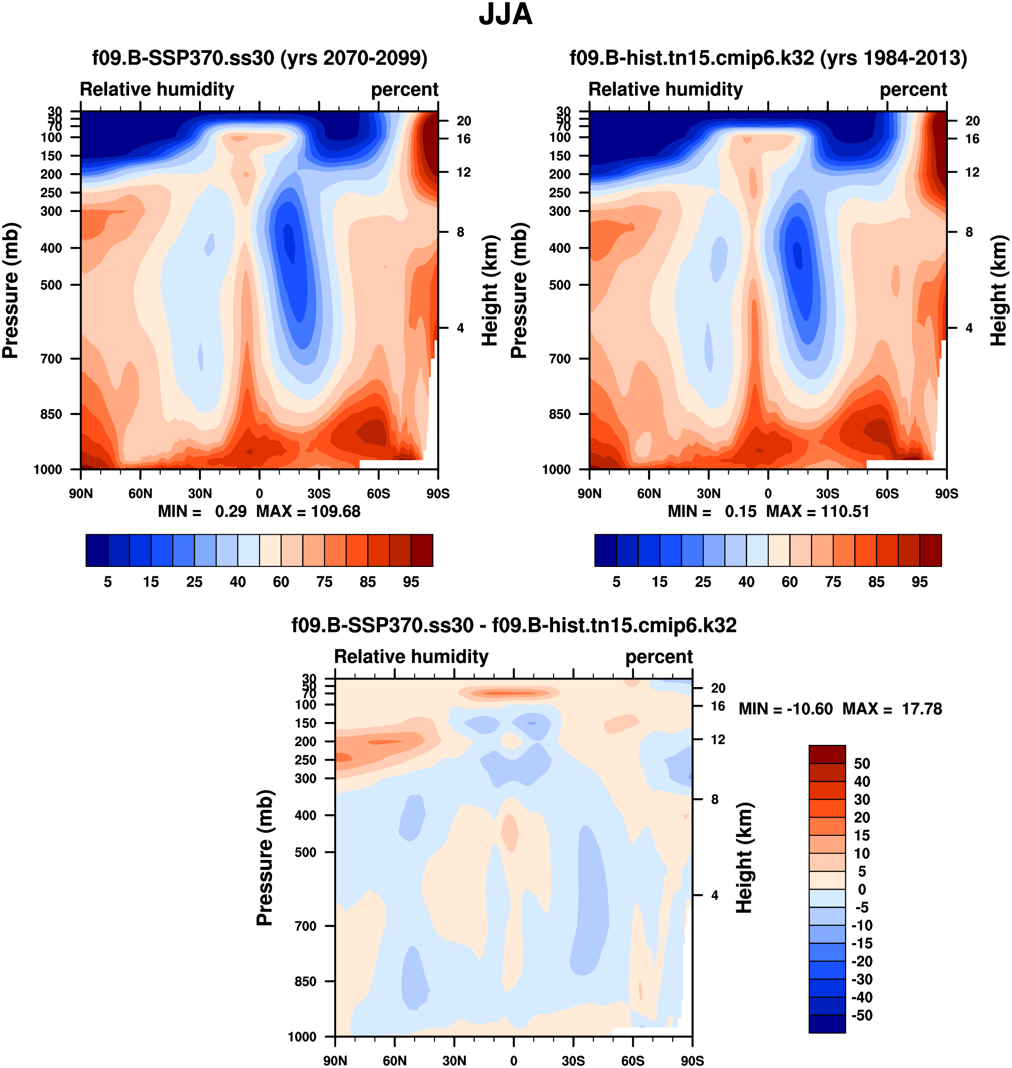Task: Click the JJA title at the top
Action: point(506,14)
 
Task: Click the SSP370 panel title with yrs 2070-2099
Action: point(259,58)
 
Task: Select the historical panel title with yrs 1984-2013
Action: point(768,58)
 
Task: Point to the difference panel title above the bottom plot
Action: point(514,625)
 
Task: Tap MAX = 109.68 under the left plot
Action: point(308,511)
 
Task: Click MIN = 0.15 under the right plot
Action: point(712,511)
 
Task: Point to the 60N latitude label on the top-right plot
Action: point(649,493)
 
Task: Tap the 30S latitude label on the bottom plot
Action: point(573,1061)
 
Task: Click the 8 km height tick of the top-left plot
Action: point(460,232)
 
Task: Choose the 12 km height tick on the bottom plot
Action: point(718,739)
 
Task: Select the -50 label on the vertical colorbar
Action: point(861,1016)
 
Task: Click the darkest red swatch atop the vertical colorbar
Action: point(827,754)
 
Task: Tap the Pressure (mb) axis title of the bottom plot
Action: point(265,858)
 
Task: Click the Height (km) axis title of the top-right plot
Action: point(999,290)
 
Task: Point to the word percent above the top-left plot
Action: point(405,90)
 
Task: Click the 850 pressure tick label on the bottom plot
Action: point(305,982)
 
